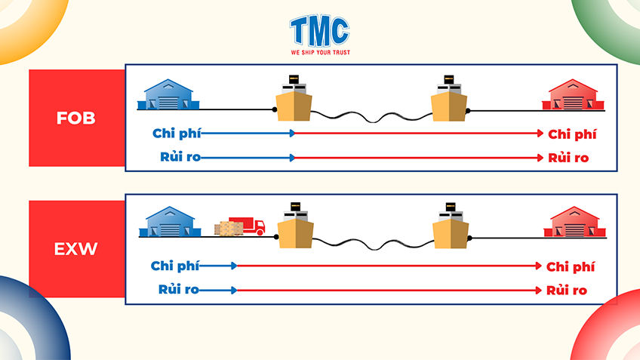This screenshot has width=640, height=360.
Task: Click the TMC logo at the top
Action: (x=319, y=30)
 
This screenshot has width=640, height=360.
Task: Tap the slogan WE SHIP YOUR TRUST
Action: (x=320, y=53)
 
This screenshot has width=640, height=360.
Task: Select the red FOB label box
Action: (x=76, y=118)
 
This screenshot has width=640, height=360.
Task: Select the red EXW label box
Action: (x=76, y=248)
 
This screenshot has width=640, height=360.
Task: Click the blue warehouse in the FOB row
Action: (x=169, y=94)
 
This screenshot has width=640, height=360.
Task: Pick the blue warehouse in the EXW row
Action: (x=169, y=223)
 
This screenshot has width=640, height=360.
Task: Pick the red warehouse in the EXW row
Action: (x=575, y=223)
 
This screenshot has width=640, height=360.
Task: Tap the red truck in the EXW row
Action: (x=248, y=226)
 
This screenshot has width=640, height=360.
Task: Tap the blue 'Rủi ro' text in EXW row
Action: (x=178, y=290)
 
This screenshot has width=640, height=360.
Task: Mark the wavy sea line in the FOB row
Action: (x=371, y=118)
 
